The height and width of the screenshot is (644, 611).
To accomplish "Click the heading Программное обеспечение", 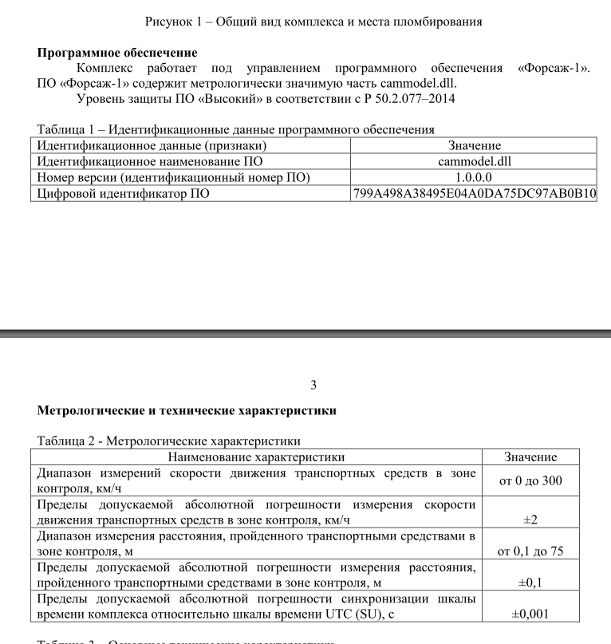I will point(118,53).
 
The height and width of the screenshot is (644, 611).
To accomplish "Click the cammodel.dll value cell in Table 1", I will point(475,161).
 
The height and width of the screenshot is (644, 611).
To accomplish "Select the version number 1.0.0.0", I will point(475,177).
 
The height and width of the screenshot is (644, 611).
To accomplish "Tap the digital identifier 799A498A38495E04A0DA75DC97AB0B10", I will point(475,193).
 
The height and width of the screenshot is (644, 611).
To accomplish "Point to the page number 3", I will point(313,385).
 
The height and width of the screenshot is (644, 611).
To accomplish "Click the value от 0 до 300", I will point(530,481).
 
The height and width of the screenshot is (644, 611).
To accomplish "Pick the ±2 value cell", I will point(530,520).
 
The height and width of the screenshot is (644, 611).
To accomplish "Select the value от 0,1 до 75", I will point(530,551).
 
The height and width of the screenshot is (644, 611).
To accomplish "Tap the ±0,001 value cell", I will point(530,614).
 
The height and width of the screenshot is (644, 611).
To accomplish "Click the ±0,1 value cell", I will point(530,583).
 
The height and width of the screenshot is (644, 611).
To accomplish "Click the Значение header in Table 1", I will point(475,145).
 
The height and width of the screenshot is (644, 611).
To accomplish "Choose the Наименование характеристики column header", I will point(256,457).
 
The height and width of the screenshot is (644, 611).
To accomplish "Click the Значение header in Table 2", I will point(530,457).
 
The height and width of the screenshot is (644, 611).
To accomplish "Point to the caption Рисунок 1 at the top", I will point(314,22).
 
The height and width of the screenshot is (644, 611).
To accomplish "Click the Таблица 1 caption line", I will point(235,129).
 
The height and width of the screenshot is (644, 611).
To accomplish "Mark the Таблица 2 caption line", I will point(170,441).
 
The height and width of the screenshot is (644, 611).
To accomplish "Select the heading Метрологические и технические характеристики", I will point(187,411).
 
